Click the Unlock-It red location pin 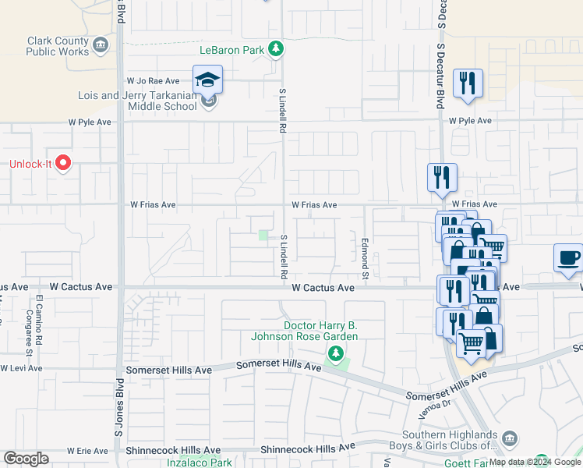coord(64,164)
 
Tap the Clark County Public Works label coord(56,46)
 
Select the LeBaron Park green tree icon coord(275,50)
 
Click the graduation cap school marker coord(208,80)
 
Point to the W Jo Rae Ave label coord(158,80)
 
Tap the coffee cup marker coord(568,258)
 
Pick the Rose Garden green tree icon coord(336,355)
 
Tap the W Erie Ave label coord(87,451)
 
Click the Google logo coord(26,459)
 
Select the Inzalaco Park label coord(200,463)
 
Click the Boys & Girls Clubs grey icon coord(510,438)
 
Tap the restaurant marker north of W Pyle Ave coord(468,83)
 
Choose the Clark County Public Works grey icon coord(101,46)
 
